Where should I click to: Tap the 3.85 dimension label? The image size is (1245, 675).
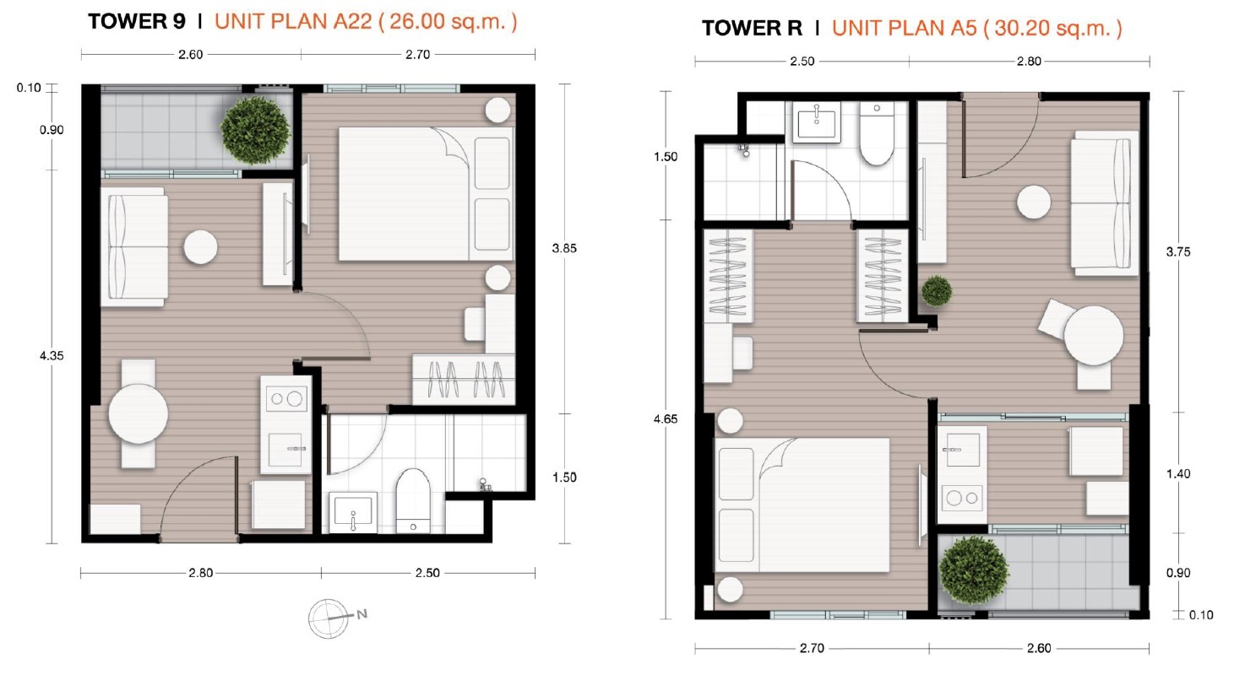pos(564,249)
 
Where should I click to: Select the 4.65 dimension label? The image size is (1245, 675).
pos(666,419)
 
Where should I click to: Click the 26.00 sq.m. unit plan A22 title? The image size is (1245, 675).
pos(366,22)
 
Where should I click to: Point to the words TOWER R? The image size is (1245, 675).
pos(752,29)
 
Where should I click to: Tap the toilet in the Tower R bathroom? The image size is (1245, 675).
pos(877,134)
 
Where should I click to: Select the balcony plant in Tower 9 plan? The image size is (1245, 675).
pos(256,131)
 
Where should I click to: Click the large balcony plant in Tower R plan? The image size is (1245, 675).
pos(973,570)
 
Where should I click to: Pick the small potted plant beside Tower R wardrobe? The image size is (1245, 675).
pos(937,291)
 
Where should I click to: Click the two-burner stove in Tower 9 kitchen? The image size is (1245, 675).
pos(286,398)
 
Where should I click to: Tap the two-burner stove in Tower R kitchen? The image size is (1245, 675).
pos(962,498)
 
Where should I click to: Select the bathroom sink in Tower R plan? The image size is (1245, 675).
pos(817,122)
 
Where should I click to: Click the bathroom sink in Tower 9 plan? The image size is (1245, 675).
pos(353,512)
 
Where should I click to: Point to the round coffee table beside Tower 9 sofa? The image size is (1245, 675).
pos(201,247)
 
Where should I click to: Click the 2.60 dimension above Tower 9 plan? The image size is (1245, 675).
pos(191,54)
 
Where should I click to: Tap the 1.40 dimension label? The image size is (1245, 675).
pos(1178,473)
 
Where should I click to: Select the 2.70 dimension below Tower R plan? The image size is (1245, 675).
pos(812,648)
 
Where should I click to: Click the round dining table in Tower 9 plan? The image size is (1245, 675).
pos(139,413)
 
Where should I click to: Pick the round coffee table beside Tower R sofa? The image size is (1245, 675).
pos(1034,202)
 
